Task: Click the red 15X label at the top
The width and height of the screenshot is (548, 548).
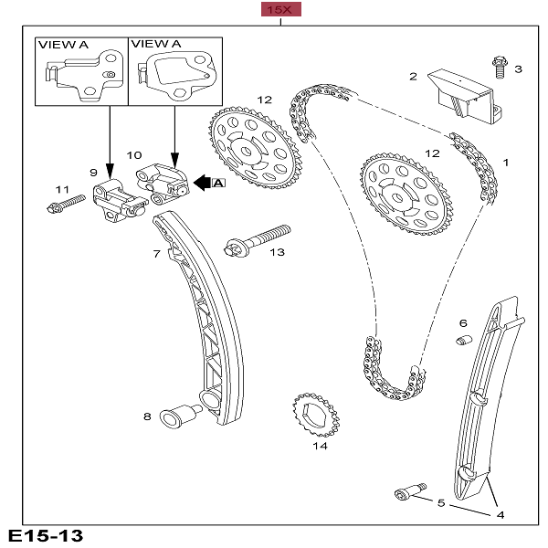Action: point(278,10)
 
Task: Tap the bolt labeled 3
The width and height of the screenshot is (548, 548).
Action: point(499,67)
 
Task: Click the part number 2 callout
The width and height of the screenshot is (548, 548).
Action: point(413,77)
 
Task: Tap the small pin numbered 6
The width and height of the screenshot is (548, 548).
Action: point(462,342)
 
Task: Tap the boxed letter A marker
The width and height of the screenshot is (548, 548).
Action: point(218,184)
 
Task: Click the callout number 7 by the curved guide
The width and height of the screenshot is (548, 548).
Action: point(156,253)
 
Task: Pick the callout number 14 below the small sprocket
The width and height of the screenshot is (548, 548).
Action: point(320,447)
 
